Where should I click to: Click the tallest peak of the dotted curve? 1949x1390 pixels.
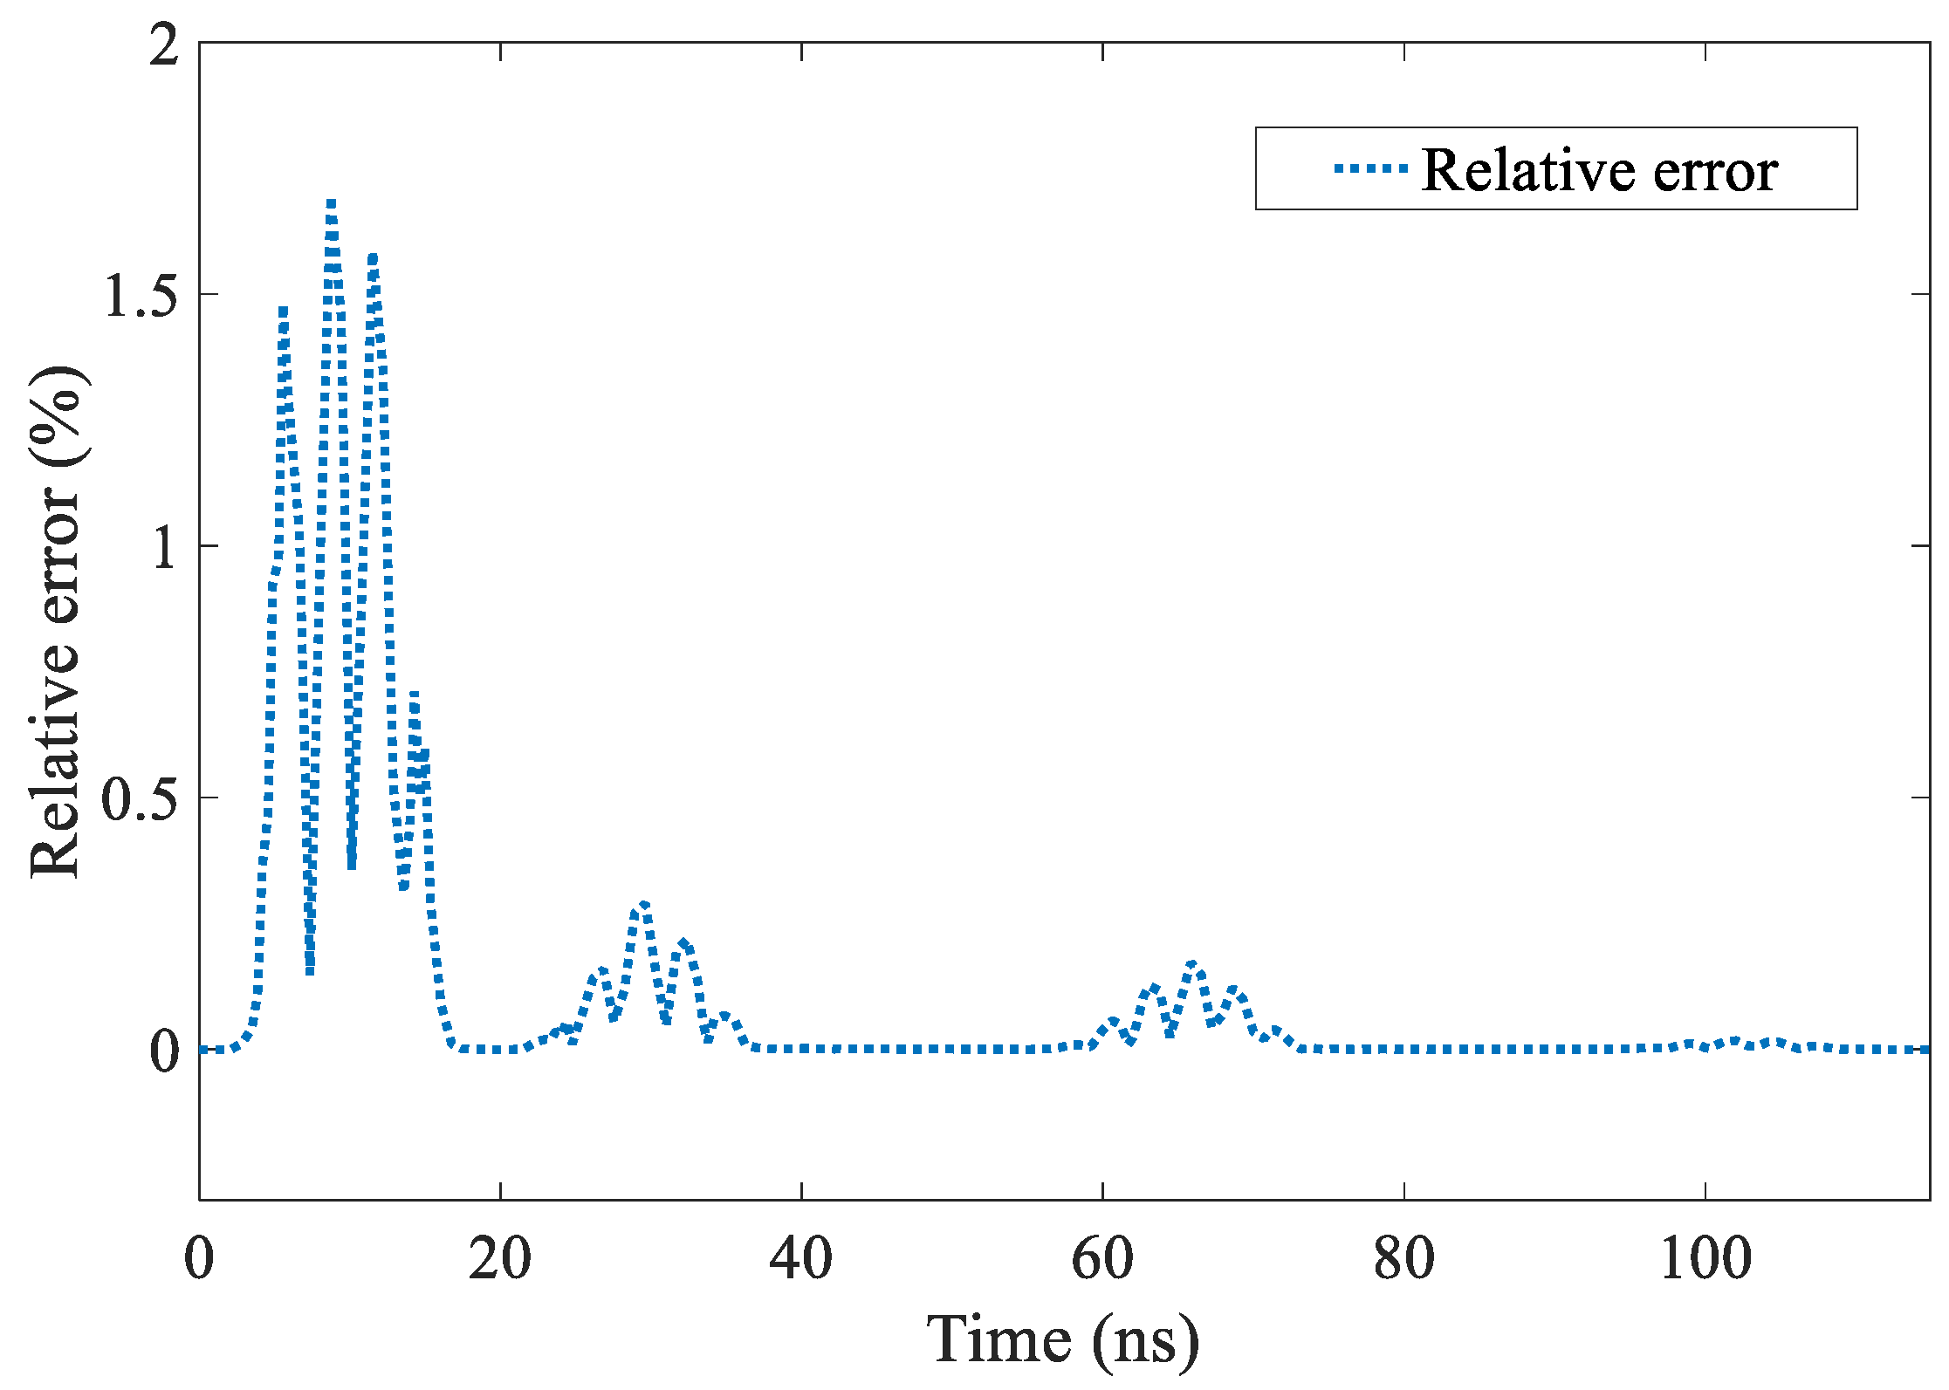331,204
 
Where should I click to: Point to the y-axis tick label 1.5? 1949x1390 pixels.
141,296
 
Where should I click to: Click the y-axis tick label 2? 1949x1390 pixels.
164,45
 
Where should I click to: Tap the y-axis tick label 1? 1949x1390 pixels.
164,548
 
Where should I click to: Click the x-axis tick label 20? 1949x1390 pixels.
499,1259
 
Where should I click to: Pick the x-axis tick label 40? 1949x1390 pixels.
800,1259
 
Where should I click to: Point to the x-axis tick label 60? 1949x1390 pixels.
1102,1259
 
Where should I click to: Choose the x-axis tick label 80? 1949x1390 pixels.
1403,1259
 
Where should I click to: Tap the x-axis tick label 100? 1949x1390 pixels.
1705,1259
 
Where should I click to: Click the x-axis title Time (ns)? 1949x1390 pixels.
1062,1339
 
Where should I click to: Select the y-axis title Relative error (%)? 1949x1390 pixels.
56,621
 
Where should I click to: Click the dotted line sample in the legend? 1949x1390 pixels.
1370,169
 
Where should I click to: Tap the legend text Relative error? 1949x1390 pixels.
1599,169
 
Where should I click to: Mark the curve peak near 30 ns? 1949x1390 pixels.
643,905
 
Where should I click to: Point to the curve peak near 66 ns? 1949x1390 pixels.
1193,964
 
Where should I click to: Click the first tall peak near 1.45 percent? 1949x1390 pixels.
284,311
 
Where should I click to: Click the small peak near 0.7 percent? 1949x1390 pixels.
414,695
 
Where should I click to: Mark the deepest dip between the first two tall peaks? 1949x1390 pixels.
310,970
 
